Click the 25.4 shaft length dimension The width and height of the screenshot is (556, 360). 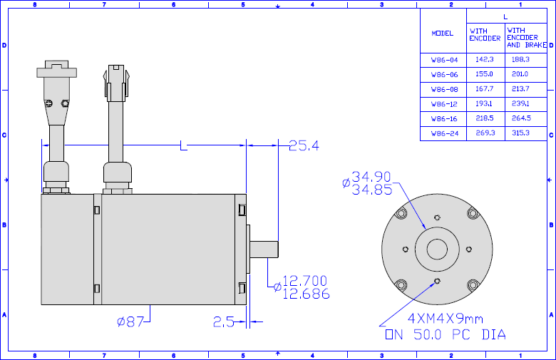point(304,145)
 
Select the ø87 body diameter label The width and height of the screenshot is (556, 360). point(130,322)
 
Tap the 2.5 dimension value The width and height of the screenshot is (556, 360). point(223,322)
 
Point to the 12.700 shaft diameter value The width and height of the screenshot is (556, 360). point(304,281)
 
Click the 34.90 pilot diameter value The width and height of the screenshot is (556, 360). point(371,176)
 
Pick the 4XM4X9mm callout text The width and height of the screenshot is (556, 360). point(446,319)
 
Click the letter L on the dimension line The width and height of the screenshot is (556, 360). point(183,145)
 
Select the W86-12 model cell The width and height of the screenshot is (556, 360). point(444,104)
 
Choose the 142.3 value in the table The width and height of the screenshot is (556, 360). point(485,60)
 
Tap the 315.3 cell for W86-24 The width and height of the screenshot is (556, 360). point(520,133)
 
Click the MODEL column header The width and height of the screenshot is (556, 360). point(443,34)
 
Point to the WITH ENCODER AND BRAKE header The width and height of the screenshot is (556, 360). point(526,38)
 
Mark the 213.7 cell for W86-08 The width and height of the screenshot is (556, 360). point(520,89)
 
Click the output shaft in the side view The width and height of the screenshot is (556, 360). point(264,249)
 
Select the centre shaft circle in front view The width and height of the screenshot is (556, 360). point(437,250)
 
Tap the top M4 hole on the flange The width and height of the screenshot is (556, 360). point(437,217)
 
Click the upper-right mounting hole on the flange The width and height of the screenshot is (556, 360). point(473,214)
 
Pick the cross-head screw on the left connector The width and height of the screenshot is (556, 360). point(49,103)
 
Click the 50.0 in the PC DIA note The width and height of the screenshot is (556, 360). point(427,334)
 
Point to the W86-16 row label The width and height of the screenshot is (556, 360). point(444,119)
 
